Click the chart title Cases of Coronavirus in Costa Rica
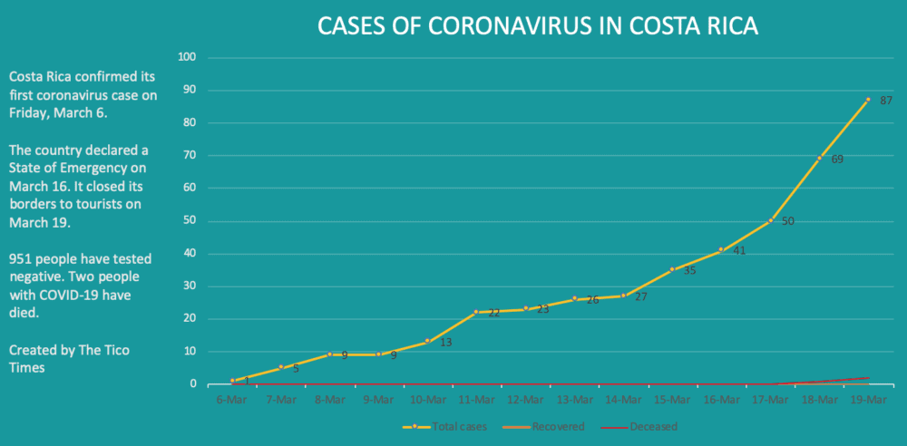point(537,27)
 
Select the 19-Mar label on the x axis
point(868,398)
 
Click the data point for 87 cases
point(868,100)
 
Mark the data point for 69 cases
point(819,159)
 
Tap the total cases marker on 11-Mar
point(476,312)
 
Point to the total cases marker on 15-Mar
point(672,269)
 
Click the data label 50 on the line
point(788,221)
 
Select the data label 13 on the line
point(445,343)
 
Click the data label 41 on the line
point(739,250)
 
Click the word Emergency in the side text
point(109,168)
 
